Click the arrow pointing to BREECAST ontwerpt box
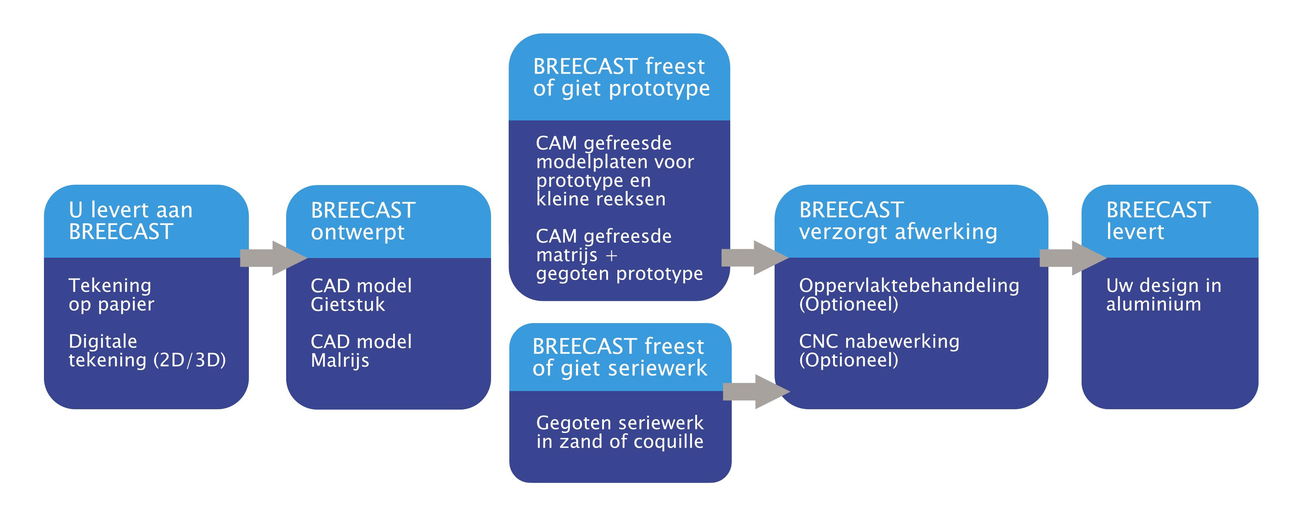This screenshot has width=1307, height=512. click(273, 258)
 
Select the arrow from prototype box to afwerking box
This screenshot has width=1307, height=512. click(755, 258)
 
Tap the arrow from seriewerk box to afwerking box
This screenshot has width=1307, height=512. click(756, 391)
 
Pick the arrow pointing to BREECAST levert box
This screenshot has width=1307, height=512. click(1073, 258)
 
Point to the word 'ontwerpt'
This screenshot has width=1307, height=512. click(358, 232)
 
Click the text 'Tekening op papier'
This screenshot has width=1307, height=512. click(111, 295)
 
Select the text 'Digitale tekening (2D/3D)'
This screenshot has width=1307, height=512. click(147, 351)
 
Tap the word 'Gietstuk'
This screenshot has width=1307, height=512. click(348, 305)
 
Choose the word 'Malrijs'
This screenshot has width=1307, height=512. click(340, 360)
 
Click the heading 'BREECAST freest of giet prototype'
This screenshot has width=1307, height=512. click(621, 77)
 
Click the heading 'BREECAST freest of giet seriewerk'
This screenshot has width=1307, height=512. click(620, 357)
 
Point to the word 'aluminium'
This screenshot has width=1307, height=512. click(1154, 305)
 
